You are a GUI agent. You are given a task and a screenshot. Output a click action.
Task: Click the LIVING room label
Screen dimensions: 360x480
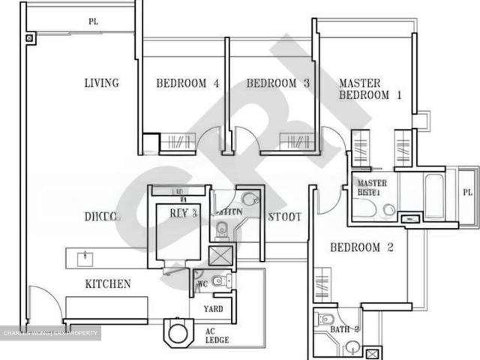pos(101,83)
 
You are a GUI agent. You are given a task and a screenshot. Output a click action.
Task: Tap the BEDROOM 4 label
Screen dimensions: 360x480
pos(187,83)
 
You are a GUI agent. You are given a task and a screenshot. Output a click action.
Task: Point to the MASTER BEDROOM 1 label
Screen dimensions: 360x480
pos(370,89)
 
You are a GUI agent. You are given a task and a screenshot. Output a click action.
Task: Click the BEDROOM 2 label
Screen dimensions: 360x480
pos(361,247)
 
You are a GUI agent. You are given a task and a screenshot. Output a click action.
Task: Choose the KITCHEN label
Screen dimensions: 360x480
pos(108,284)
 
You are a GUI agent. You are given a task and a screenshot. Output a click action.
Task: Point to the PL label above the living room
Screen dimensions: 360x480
pos(93,22)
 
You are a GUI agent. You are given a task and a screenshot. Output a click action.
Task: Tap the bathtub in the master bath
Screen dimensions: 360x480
pos(433,196)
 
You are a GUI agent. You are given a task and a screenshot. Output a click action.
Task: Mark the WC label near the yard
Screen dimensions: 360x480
pos(200,285)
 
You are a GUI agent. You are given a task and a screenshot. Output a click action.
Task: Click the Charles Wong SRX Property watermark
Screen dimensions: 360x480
pos(51,333)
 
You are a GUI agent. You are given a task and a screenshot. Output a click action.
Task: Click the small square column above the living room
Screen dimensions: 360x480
pos(29,37)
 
